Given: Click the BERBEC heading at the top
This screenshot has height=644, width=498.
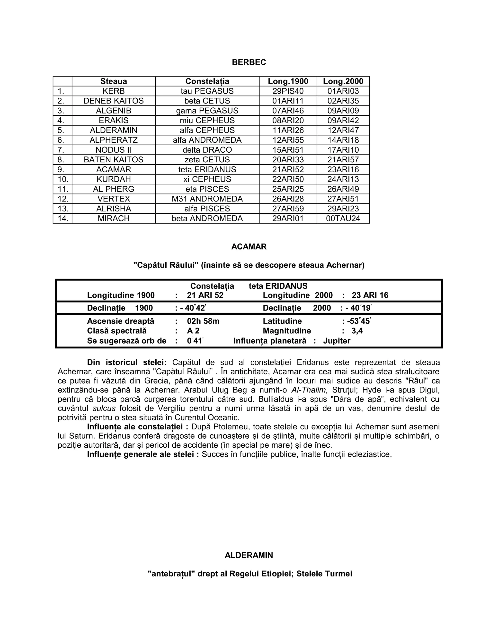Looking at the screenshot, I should pos(249,62).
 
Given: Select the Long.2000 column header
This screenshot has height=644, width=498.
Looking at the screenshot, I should pos(343,81).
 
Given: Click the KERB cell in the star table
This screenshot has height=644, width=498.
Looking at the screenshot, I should pos(114,91).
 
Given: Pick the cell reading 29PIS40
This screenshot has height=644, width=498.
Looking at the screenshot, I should pos(288,91).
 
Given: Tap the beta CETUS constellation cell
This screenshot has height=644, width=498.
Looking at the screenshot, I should pos(207,101).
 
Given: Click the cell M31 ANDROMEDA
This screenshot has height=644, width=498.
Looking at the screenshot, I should pos(207,199).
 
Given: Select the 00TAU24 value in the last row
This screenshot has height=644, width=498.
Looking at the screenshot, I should pos(343,218).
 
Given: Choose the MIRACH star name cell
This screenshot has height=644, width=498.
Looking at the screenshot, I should pos(114,218).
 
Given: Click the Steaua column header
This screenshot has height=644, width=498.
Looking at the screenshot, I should pos(114,81).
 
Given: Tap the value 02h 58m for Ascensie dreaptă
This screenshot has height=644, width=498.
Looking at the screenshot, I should pos(203,321).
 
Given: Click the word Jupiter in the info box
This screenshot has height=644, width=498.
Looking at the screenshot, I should pos(336,341).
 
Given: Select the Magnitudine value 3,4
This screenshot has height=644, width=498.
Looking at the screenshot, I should pos(357,331).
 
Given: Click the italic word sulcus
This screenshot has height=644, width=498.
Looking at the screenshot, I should pos(103,409).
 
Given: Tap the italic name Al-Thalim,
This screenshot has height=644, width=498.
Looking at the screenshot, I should pos(309,390).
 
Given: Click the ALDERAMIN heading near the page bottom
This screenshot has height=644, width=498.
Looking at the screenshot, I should pos(249,555).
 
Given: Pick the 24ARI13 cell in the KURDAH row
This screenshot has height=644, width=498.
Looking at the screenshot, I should pos(343,179).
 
